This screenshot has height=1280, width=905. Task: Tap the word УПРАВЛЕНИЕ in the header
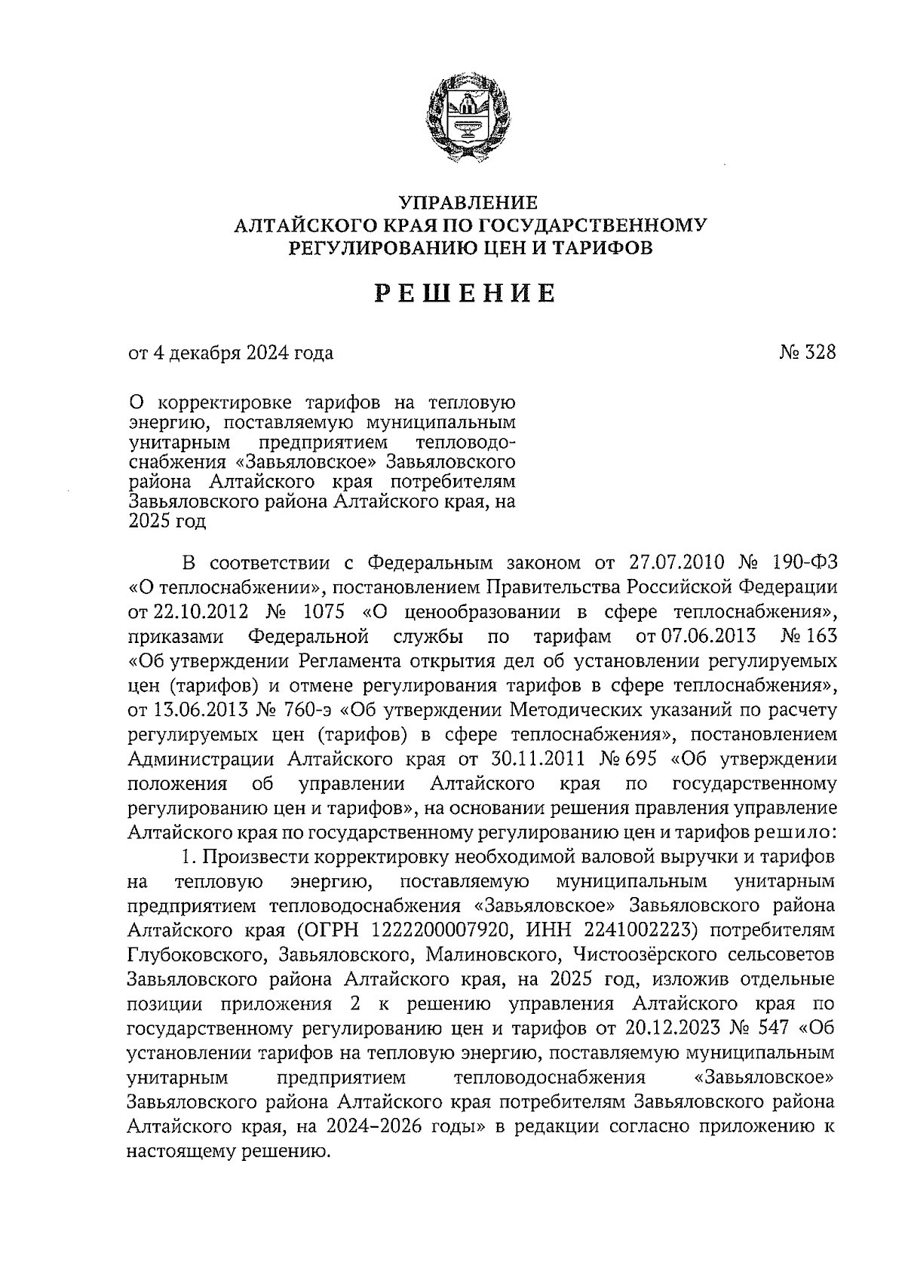point(468,203)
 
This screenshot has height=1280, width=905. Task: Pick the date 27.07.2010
point(676,563)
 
